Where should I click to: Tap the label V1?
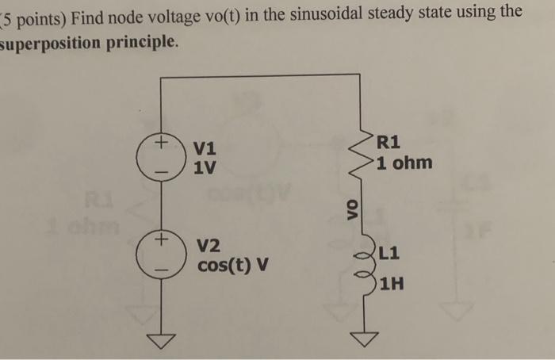205,148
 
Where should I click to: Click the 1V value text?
205,167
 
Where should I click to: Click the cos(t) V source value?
233,264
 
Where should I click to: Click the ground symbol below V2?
161,340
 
